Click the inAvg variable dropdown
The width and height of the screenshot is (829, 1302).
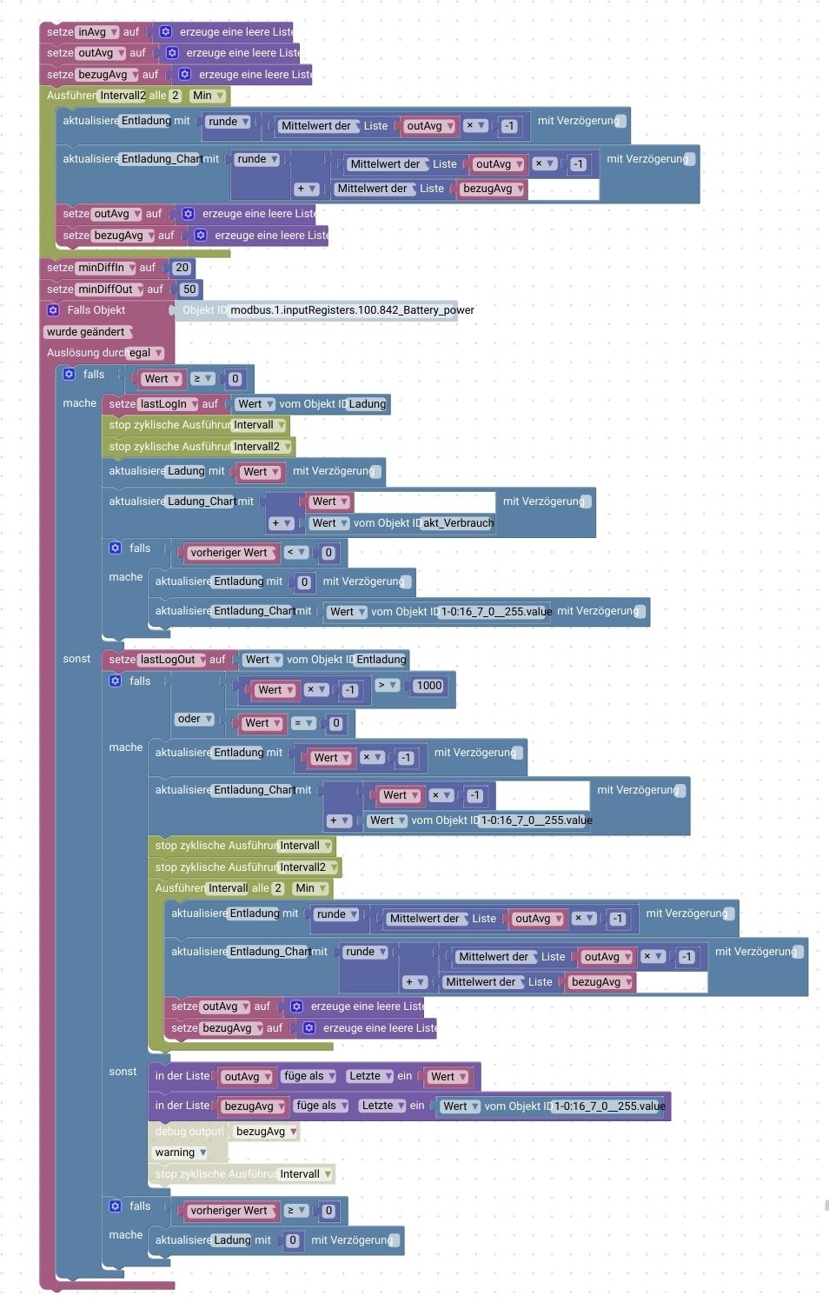tap(97, 32)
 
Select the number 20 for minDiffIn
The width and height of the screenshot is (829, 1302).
tap(182, 268)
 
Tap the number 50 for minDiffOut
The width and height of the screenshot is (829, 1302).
tap(189, 289)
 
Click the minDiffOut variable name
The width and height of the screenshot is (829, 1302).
tap(107, 289)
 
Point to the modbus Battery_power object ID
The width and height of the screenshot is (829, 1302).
tap(352, 310)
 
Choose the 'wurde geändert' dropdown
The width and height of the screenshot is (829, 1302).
tap(87, 332)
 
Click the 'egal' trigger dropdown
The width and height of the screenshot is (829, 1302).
tap(146, 353)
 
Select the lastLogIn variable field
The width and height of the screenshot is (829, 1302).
tap(169, 404)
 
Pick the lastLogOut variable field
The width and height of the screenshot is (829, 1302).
tap(173, 660)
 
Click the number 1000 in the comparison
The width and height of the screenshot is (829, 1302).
tap(429, 686)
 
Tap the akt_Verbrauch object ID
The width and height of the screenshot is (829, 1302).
tap(458, 523)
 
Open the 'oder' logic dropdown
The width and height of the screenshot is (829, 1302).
tap(196, 719)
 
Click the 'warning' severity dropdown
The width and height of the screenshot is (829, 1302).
tap(181, 1153)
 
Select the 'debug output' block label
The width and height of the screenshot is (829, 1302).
tap(189, 1132)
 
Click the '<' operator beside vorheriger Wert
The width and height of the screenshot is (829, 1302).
tap(296, 553)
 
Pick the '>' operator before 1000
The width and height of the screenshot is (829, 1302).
tap(387, 686)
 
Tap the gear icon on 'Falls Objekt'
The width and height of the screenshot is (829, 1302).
tap(53, 310)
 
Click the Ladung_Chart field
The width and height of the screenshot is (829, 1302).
tap(202, 502)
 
